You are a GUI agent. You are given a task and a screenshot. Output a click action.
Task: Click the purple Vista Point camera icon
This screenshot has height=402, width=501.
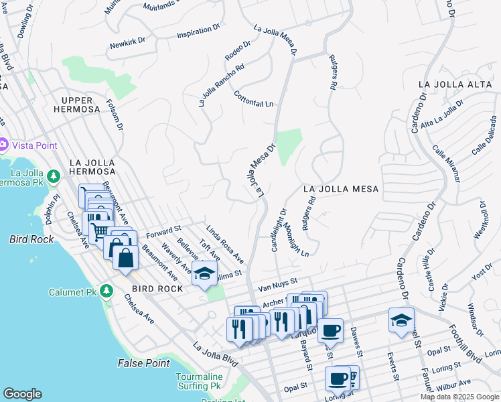[x=3, y=144]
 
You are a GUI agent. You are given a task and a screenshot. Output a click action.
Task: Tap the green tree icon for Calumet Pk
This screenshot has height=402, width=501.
[x=105, y=291]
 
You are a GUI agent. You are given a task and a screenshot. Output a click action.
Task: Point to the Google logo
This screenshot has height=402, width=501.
[x=22, y=394]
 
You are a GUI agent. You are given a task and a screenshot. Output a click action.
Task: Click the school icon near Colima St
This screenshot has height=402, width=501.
[x=204, y=274]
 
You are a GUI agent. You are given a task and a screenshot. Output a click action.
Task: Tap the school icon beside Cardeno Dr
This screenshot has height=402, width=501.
[x=401, y=320]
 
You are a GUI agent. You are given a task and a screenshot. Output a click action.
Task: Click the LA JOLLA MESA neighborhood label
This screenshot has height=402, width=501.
[x=340, y=189]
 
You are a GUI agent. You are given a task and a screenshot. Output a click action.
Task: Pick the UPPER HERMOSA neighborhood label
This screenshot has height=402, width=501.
[x=76, y=105]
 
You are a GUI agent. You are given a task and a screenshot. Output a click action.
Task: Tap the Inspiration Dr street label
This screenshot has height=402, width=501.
[x=198, y=32]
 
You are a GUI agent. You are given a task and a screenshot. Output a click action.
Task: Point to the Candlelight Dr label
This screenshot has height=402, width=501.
[x=279, y=230]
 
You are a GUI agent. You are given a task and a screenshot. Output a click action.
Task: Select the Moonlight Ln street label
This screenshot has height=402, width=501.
[x=295, y=240]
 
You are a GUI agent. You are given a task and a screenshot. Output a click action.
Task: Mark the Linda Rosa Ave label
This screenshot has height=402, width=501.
[x=225, y=244]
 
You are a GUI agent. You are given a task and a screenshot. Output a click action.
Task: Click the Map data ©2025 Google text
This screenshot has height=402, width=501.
[x=459, y=397]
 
